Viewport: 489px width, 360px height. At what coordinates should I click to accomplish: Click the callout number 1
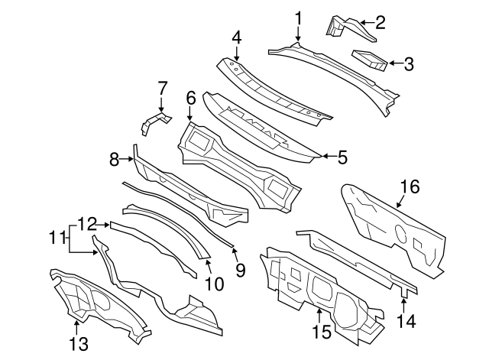tap(299, 18)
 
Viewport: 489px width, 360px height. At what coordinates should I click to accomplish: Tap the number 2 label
tap(381, 22)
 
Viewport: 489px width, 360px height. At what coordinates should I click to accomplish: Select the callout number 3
tap(409, 64)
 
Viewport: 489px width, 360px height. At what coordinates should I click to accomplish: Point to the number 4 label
tap(237, 38)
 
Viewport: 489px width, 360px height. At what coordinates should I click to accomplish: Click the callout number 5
tap(342, 157)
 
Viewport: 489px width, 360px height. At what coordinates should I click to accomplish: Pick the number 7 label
tap(161, 88)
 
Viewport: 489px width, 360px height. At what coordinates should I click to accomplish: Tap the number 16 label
tap(410, 186)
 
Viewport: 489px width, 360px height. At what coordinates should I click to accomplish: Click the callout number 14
tap(406, 321)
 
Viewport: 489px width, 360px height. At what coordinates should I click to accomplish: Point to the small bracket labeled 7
tap(155, 123)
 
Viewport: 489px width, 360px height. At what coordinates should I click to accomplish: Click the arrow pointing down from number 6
tap(190, 114)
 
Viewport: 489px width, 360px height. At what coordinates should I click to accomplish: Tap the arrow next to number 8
tap(127, 159)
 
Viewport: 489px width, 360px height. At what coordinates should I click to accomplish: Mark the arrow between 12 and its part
tap(102, 224)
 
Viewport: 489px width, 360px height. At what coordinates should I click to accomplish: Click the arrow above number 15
tap(319, 316)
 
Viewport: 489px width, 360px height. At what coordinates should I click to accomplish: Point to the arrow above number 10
tap(209, 266)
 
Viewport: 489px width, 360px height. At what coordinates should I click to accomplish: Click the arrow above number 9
tap(235, 253)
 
